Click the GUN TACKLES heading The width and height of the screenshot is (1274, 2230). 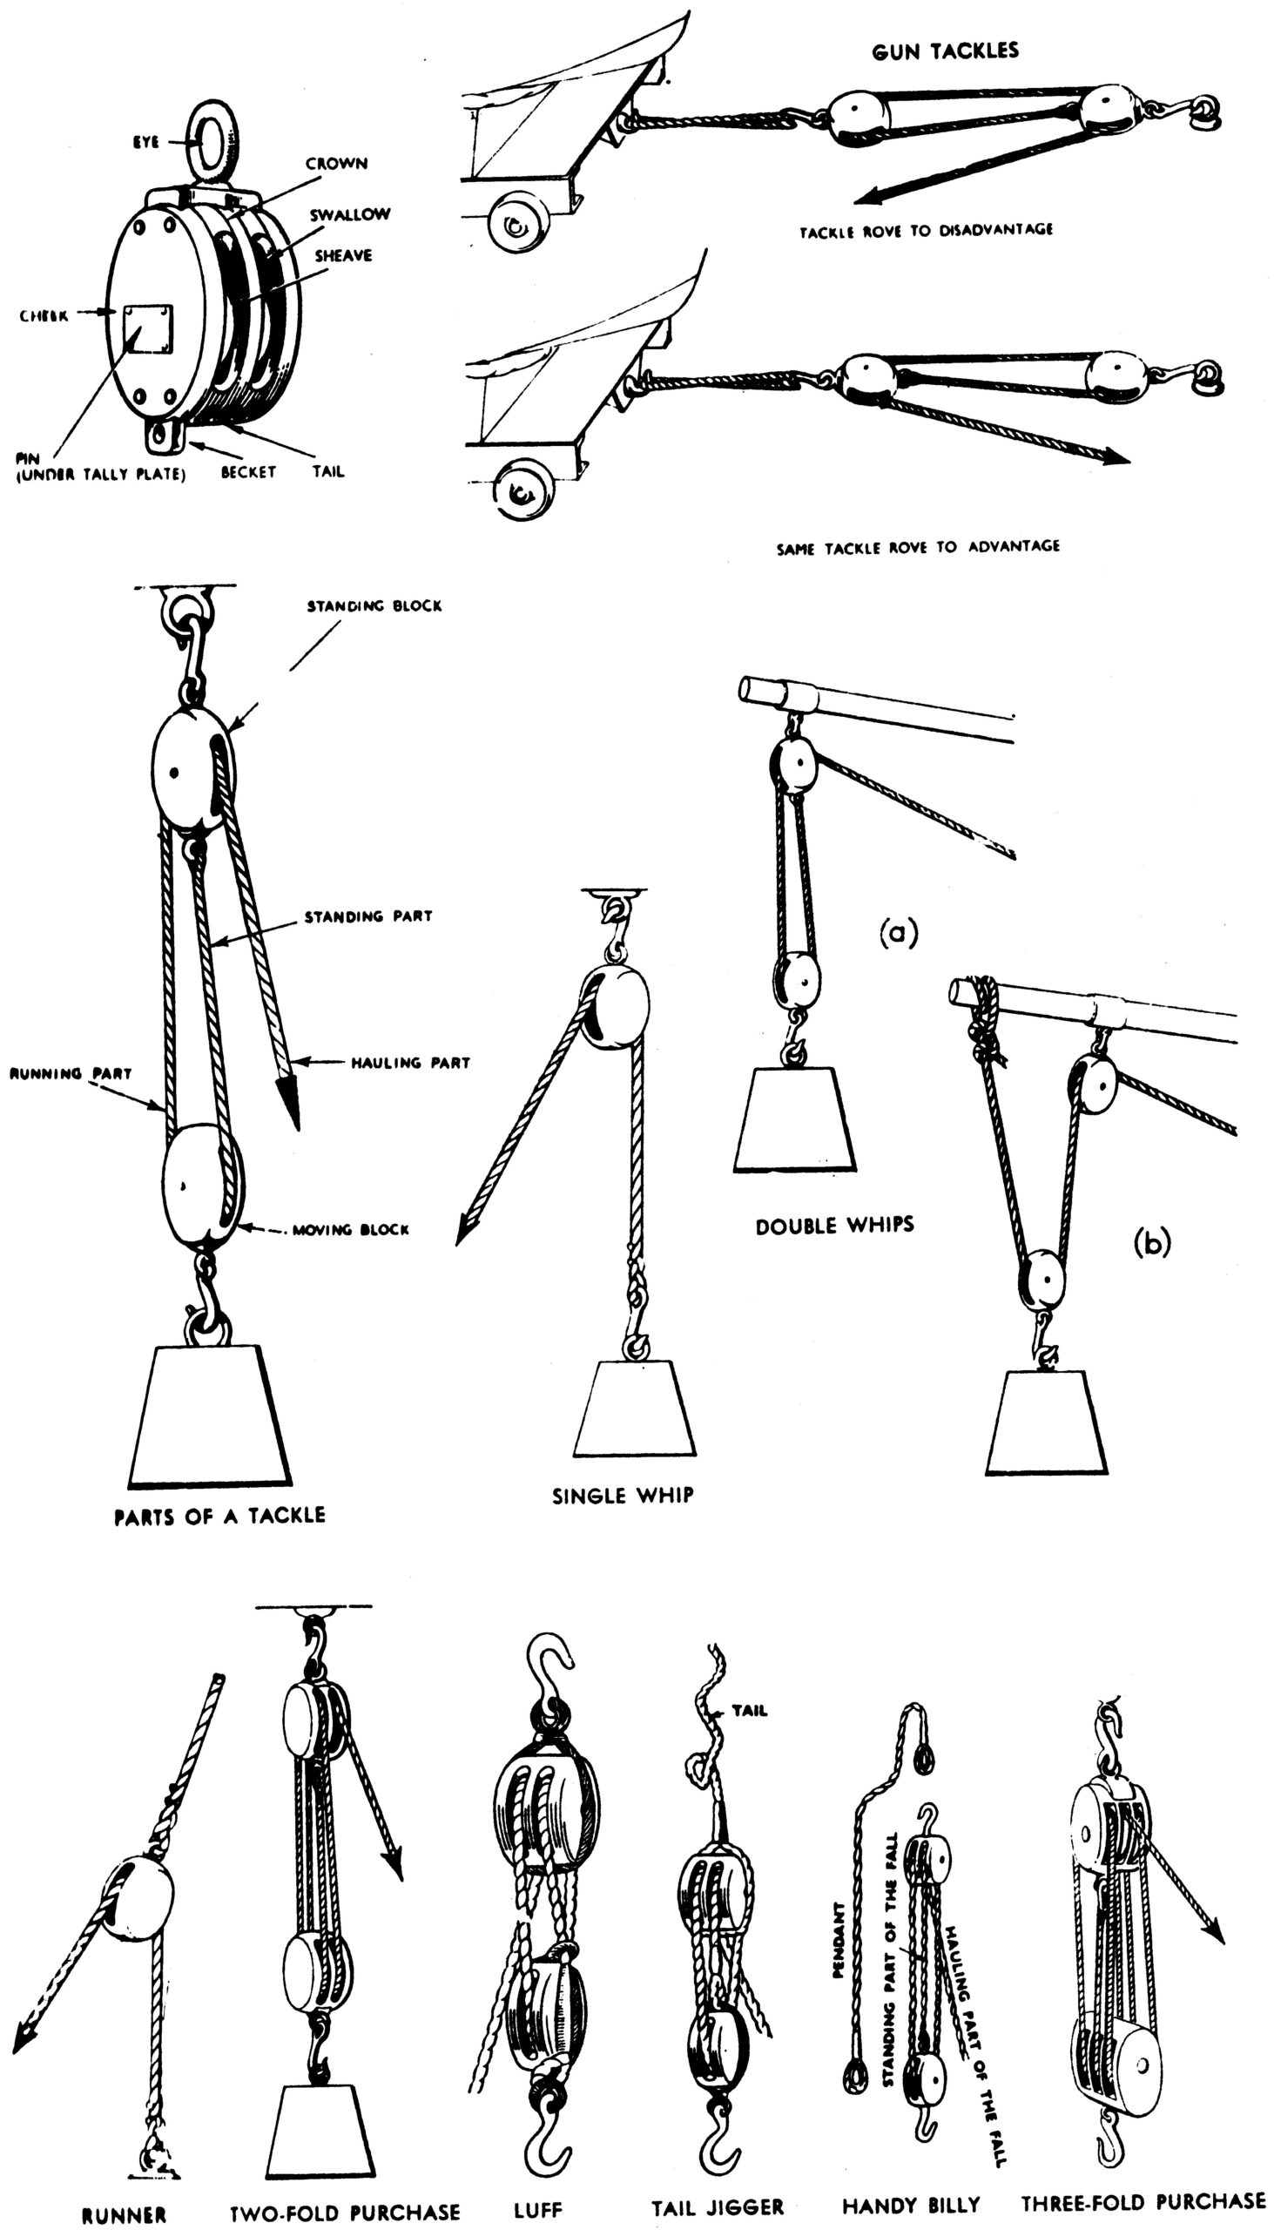945,51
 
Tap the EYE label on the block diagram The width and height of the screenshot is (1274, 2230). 145,142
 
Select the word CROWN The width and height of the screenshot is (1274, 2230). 336,164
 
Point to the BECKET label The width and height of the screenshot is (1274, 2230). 248,472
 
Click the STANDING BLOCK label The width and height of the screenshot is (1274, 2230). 374,605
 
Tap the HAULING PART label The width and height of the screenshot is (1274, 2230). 410,1063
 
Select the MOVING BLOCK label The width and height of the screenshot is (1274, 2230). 350,1230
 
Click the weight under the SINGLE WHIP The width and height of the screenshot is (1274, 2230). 634,1409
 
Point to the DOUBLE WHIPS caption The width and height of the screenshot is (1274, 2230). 835,1226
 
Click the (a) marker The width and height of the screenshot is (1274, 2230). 899,933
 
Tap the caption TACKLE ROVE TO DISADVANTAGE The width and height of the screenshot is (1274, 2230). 926,231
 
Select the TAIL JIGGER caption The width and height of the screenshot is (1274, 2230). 718,2207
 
